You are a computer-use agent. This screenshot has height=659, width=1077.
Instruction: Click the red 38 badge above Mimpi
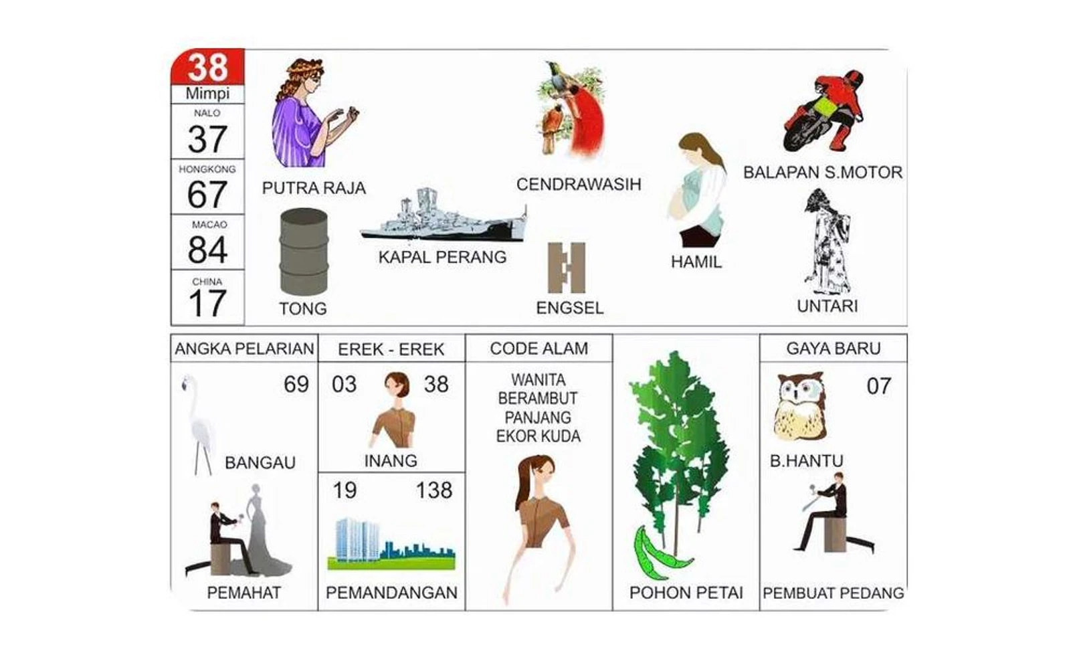tap(207, 67)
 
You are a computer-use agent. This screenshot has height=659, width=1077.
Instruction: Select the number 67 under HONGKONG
tap(207, 194)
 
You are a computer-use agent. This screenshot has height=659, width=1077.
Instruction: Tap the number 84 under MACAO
tap(207, 249)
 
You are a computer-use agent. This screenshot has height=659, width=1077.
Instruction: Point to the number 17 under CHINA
tap(207, 303)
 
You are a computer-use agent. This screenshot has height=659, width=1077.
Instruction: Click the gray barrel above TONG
tap(304, 251)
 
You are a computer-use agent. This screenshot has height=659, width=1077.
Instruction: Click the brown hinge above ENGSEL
tap(567, 268)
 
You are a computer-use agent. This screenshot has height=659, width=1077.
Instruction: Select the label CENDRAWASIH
tap(579, 184)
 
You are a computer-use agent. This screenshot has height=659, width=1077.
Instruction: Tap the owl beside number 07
tap(799, 407)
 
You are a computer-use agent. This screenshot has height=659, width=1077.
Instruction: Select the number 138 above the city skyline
tap(433, 490)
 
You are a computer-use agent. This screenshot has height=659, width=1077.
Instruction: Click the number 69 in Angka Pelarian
tap(296, 384)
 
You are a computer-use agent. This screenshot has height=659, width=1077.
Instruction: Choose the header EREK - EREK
tap(391, 349)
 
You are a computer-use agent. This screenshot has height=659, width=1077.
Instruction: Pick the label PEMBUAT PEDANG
tap(834, 593)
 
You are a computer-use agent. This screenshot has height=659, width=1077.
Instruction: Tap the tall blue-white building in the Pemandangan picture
tap(357, 539)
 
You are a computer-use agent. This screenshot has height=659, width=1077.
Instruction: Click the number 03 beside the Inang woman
tap(345, 384)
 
